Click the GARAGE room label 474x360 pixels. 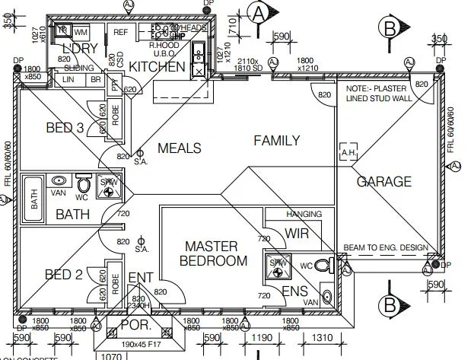pos(383,182)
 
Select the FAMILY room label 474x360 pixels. pos(276,140)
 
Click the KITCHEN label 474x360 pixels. pos(157,67)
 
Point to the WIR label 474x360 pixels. pos(296,233)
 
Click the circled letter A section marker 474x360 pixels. pos(260,12)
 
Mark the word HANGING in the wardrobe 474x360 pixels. pos(304,214)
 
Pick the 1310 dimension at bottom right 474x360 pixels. pos(323,338)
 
